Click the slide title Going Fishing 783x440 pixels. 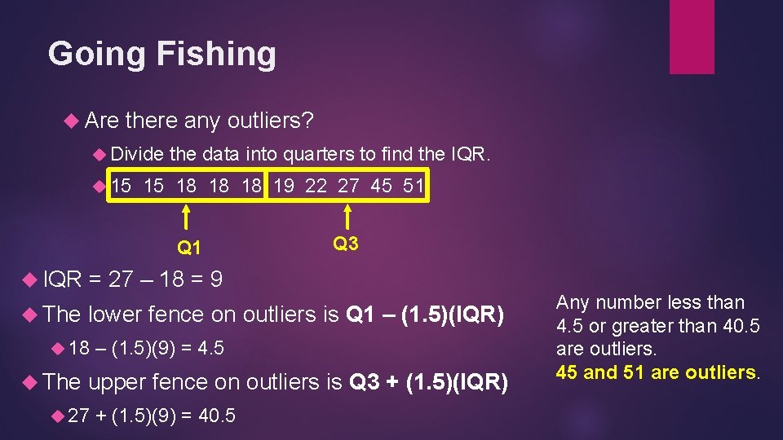pos(161,55)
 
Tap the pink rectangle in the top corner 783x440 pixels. pos(691,37)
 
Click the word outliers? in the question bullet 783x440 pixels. pos(270,121)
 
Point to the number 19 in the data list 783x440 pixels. pos(284,186)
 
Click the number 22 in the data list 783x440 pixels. pos(316,186)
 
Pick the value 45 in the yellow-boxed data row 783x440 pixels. pos(381,186)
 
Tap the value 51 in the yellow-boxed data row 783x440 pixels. pos(413,186)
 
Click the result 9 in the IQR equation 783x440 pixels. pos(216,280)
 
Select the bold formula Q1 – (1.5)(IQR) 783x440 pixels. pos(425,314)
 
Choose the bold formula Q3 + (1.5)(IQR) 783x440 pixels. pos(428,381)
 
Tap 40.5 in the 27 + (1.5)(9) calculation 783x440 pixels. pos(217,416)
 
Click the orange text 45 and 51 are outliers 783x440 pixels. pos(658,372)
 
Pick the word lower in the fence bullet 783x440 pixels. pos(114,314)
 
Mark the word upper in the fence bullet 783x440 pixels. pos(116,381)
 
